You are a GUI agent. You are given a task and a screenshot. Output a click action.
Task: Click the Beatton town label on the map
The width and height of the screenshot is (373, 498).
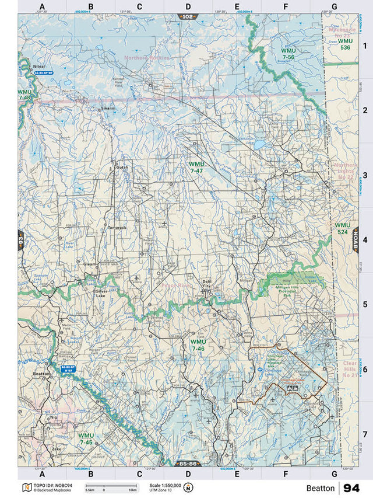(x=42, y=374)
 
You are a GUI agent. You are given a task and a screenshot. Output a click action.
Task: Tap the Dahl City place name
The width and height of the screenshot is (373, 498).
(x=207, y=284)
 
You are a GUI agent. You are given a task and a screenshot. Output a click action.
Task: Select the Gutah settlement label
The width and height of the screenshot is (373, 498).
(x=122, y=168)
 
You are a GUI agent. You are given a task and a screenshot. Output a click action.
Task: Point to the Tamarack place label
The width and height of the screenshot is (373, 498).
(x=117, y=227)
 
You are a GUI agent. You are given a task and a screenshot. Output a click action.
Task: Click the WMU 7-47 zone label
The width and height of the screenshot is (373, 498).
(x=196, y=168)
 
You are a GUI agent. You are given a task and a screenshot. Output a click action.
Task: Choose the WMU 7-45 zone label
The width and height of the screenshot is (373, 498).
(x=86, y=438)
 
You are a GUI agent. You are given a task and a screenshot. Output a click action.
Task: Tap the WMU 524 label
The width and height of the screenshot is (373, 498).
(x=343, y=228)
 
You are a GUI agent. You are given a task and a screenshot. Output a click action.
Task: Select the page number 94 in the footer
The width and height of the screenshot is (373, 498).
(x=351, y=487)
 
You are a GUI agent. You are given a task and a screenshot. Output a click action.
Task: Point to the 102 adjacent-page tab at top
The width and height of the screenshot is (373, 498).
(x=187, y=17)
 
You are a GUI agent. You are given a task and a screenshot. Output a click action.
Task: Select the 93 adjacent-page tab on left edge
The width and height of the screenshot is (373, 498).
(x=21, y=240)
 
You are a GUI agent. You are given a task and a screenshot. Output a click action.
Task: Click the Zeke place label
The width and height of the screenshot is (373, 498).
(x=56, y=448)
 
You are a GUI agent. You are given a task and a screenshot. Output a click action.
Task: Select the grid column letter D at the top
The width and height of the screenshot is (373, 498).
(x=188, y=7)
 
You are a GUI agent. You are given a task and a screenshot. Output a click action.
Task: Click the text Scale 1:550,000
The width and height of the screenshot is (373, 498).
(x=165, y=485)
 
